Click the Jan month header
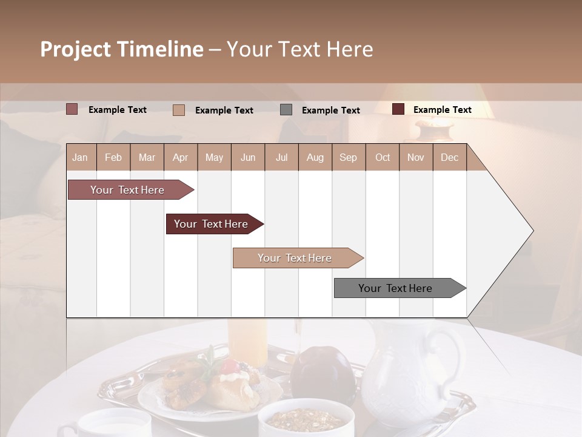coord(80,157)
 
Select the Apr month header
coord(180,157)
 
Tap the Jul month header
coord(281,157)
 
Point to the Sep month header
coord(348,157)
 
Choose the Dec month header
coord(449,157)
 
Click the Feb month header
coord(113,157)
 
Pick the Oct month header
coord(383,157)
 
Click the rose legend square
coord(72,109)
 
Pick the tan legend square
coord(178,110)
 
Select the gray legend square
coord(286,110)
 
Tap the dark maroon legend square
coord(398,109)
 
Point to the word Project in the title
coord(76,49)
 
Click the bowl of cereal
coord(306,418)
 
